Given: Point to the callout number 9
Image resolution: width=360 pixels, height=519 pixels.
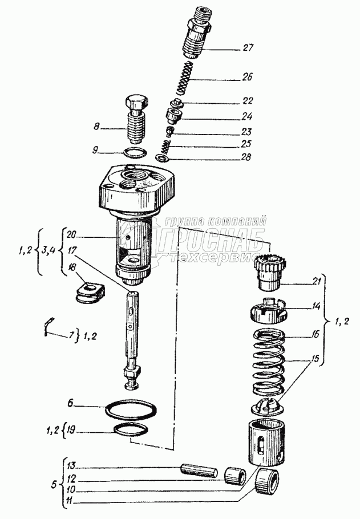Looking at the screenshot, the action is pos(98,151).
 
